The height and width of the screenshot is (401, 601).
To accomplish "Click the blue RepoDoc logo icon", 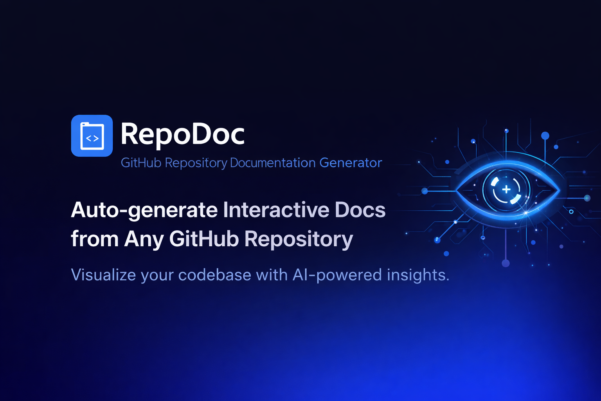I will click(92, 135).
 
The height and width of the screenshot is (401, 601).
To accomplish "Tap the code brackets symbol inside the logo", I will click(92, 138).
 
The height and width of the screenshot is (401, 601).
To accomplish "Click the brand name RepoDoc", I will click(182, 134).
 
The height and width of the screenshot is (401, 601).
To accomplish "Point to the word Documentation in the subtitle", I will click(273, 163).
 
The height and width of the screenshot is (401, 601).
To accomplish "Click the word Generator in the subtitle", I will click(351, 163).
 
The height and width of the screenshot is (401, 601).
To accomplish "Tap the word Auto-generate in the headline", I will click(144, 210).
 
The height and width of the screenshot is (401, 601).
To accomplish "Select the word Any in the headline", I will click(144, 239).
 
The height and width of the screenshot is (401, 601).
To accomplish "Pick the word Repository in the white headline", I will click(299, 239).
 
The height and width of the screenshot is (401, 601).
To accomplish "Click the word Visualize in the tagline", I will click(103, 275).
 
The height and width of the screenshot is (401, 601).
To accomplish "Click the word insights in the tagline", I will click(418, 275).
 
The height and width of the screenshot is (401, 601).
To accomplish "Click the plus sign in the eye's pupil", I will click(506, 190).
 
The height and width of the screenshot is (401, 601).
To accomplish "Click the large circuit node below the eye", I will click(506, 263).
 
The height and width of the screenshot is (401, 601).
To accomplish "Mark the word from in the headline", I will click(94, 239).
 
